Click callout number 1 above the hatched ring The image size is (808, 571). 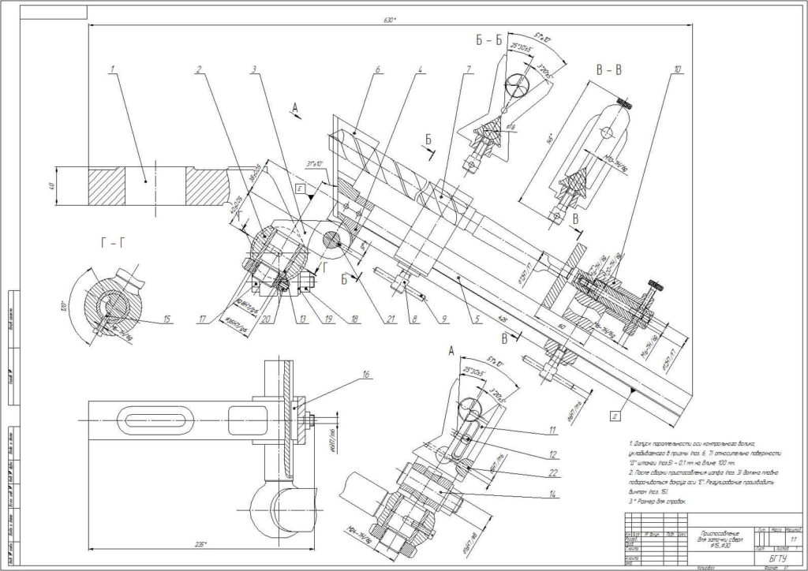tap(113, 69)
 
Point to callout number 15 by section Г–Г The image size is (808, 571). tap(167, 319)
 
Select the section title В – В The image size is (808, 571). tap(608, 69)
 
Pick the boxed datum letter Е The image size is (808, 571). tap(301, 189)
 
